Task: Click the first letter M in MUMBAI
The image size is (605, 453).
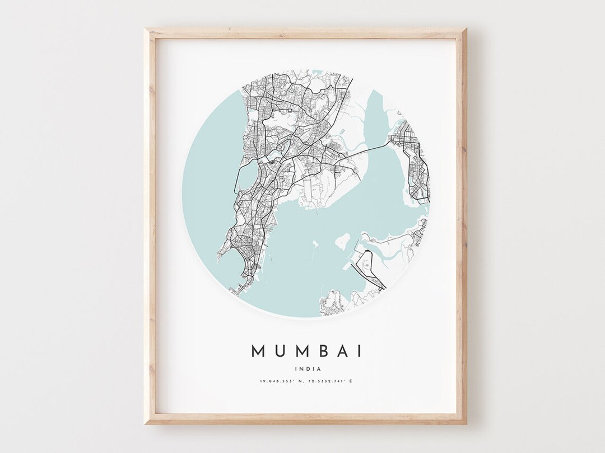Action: (x=258, y=351)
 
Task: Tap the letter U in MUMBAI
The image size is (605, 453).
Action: (x=281, y=351)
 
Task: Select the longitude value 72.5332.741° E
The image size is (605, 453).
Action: (x=330, y=381)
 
